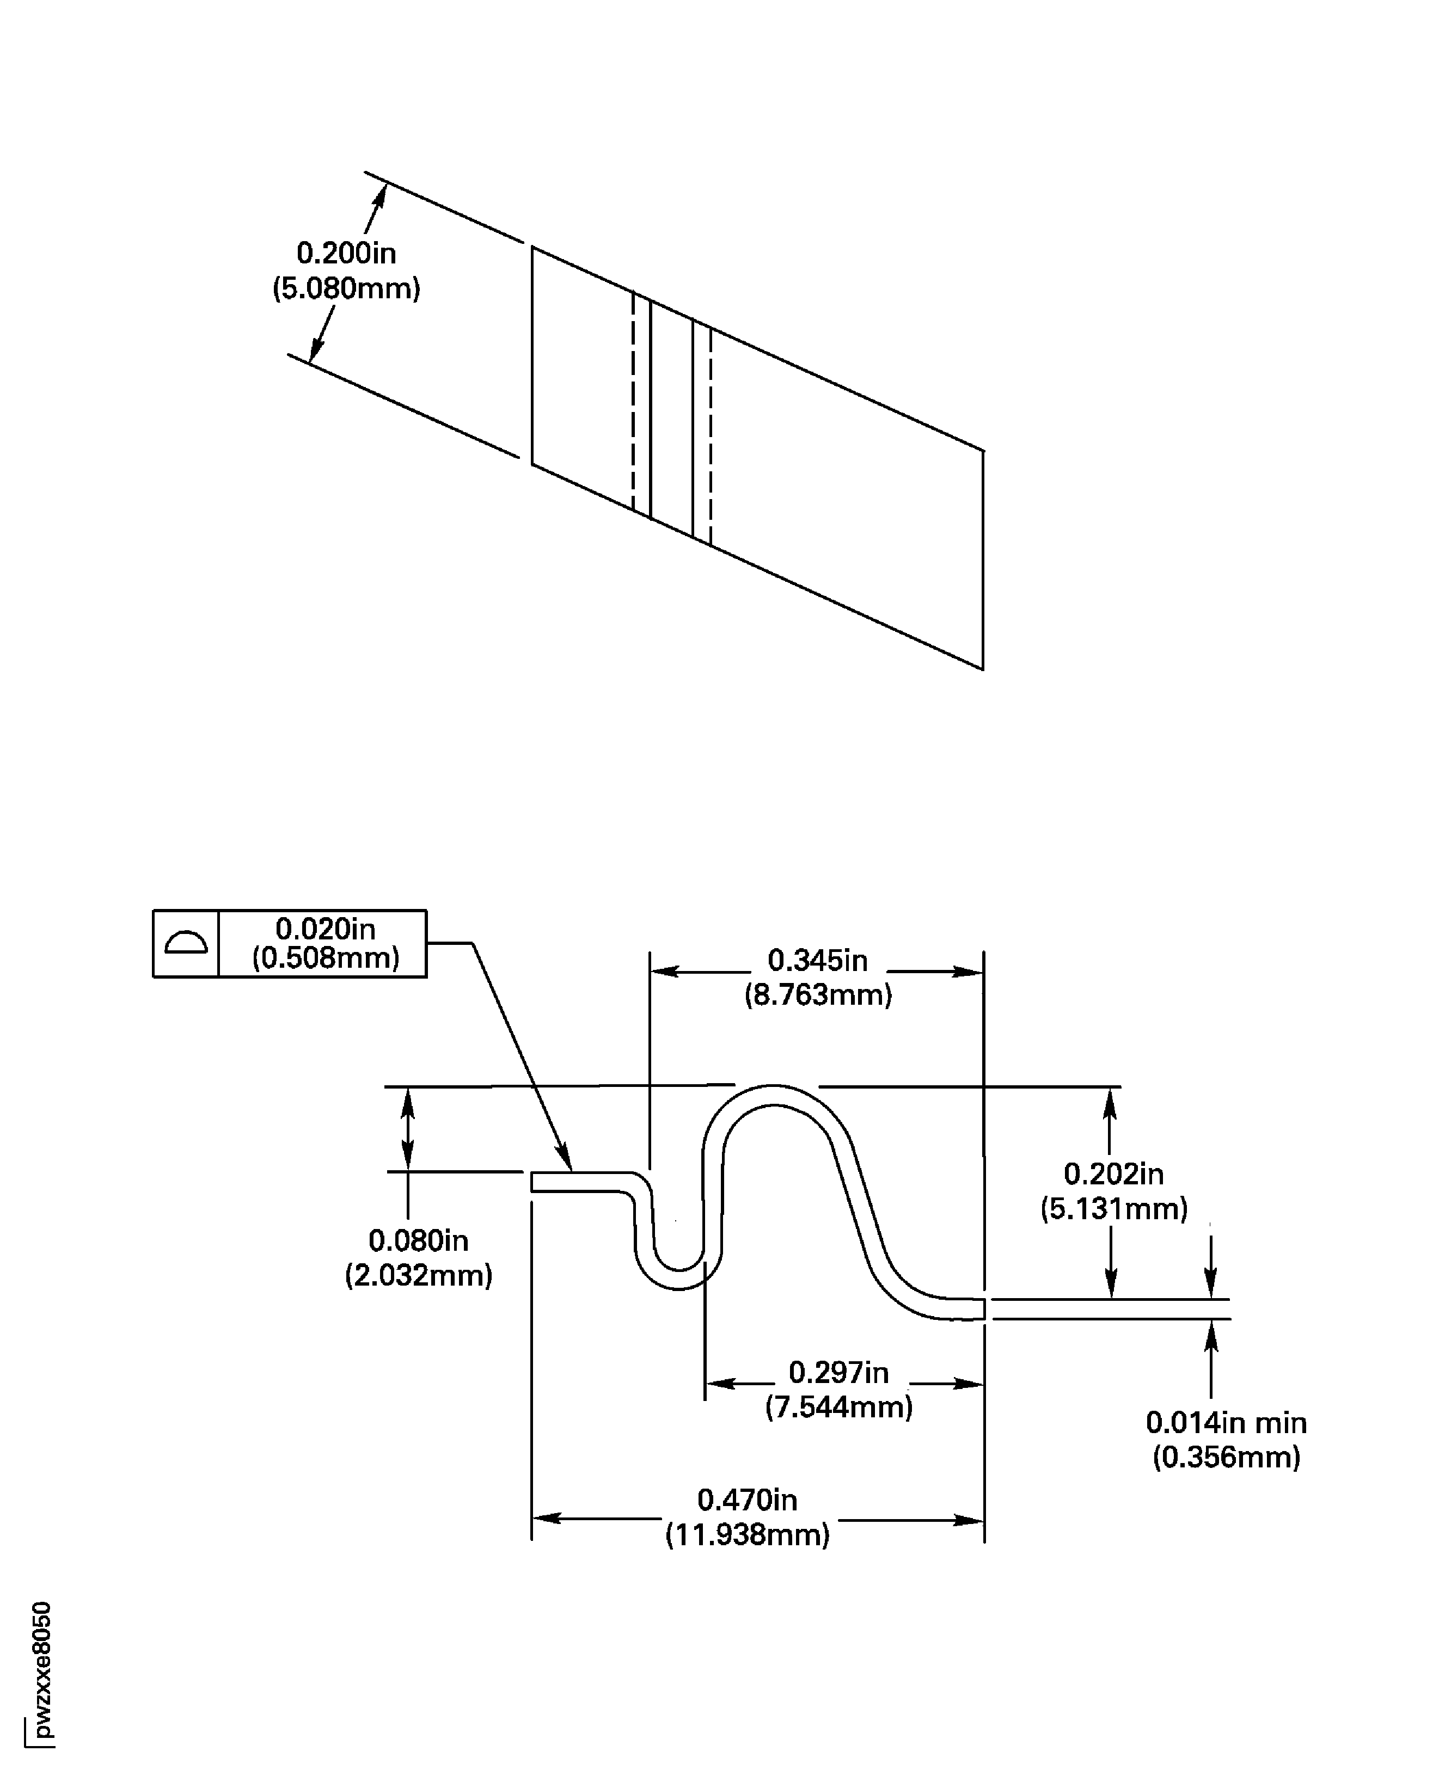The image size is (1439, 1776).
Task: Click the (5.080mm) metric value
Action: pyautogui.click(x=346, y=288)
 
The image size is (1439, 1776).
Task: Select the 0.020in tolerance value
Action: pyautogui.click(x=325, y=929)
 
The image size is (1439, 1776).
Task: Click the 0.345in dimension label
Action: pyautogui.click(x=817, y=961)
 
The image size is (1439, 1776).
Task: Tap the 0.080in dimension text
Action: pyautogui.click(x=419, y=1240)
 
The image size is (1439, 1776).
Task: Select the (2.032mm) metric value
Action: pyautogui.click(x=419, y=1275)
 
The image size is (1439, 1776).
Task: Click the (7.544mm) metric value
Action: pyautogui.click(x=839, y=1406)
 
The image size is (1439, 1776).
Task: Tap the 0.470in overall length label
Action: pyautogui.click(x=747, y=1500)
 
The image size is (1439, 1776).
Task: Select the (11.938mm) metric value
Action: pyautogui.click(x=747, y=1535)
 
